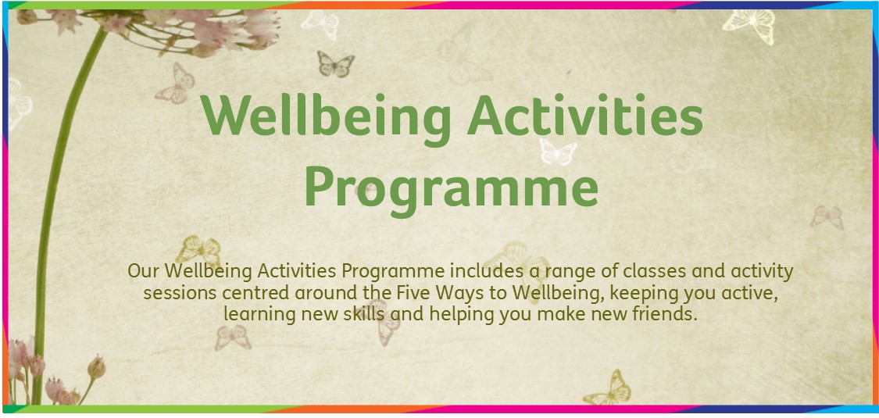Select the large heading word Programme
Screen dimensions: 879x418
pyautogui.click(x=452, y=189)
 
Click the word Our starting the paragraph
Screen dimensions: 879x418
pyautogui.click(x=145, y=271)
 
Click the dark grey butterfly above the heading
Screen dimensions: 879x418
pyautogui.click(x=336, y=63)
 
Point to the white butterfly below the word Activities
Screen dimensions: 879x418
pyautogui.click(x=558, y=152)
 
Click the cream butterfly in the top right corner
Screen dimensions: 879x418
pyautogui.click(x=749, y=25)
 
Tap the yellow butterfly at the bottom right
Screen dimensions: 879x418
pyautogui.click(x=607, y=388)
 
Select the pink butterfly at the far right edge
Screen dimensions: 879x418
pyautogui.click(x=827, y=217)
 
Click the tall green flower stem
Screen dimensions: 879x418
pyautogui.click(x=52, y=213)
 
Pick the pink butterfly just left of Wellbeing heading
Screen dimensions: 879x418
pyautogui.click(x=175, y=84)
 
